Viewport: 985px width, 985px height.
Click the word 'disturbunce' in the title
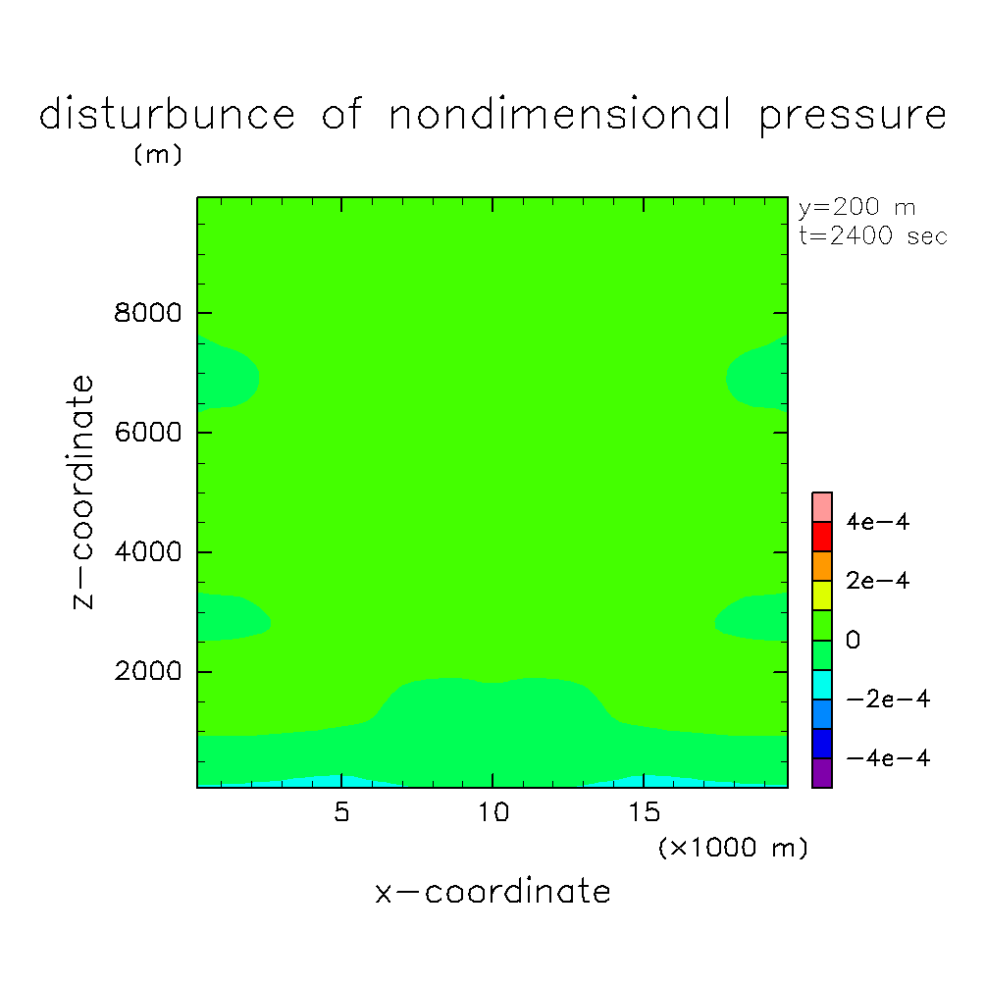click(167, 115)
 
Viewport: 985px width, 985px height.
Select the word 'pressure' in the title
click(853, 117)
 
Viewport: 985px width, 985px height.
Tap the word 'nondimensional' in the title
click(559, 115)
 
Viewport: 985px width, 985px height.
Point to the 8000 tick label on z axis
click(146, 313)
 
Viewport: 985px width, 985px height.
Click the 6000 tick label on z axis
click(146, 433)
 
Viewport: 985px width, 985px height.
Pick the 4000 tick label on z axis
click(146, 552)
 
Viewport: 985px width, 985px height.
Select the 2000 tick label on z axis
click(146, 672)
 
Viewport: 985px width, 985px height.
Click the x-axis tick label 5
click(340, 813)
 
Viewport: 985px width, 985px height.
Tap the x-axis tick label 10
click(492, 813)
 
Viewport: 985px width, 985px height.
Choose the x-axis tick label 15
click(644, 813)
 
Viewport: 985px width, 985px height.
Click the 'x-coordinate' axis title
click(492, 892)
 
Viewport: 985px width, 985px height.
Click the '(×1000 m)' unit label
click(732, 848)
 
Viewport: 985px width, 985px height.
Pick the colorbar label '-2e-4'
click(870, 700)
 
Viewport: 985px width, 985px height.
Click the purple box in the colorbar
click(822, 773)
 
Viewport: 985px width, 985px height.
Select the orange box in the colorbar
click(822, 566)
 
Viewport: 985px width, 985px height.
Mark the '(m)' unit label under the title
click(158, 155)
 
